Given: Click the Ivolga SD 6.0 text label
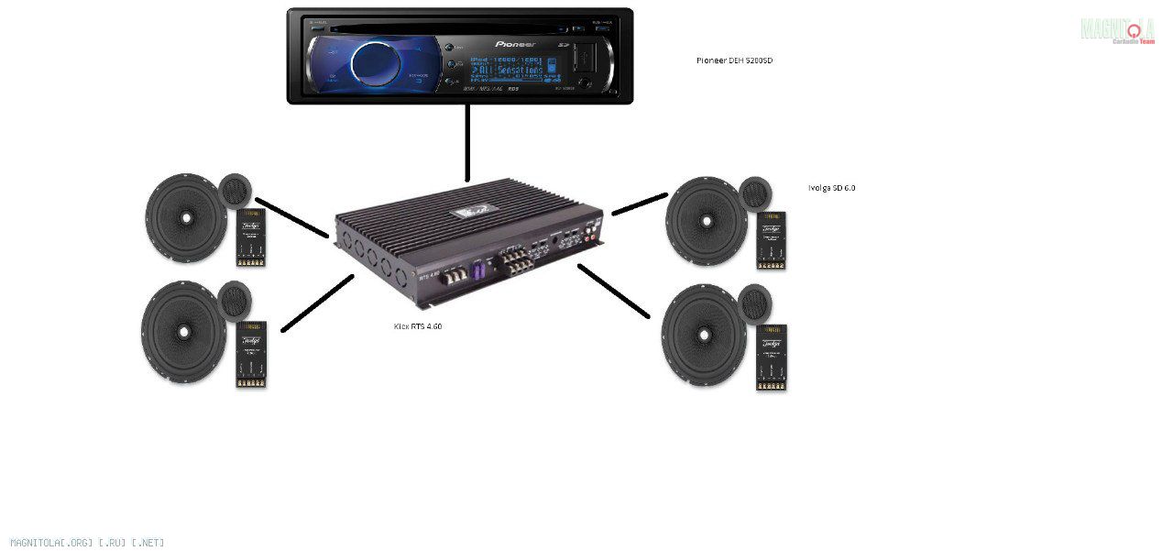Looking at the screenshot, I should [x=831, y=188].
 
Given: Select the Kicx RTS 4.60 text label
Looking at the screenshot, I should [x=418, y=325].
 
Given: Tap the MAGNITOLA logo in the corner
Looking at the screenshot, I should [x=1117, y=30].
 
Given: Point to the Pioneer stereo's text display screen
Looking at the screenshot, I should [x=507, y=68].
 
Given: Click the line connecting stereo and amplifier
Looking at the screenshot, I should [x=467, y=142].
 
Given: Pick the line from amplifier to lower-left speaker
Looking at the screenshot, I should [x=317, y=303].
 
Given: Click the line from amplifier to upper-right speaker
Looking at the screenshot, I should [x=640, y=204].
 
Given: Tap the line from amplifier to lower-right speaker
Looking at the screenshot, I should [x=613, y=292].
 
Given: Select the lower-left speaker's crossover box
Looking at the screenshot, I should [x=251, y=354].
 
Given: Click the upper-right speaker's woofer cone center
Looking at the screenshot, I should [x=706, y=220].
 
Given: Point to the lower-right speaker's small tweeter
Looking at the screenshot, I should [x=754, y=303].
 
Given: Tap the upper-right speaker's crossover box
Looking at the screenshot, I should [x=771, y=239].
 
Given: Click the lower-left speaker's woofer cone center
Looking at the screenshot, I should [x=183, y=331].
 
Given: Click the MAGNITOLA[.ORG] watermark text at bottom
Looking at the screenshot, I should [x=87, y=543].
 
